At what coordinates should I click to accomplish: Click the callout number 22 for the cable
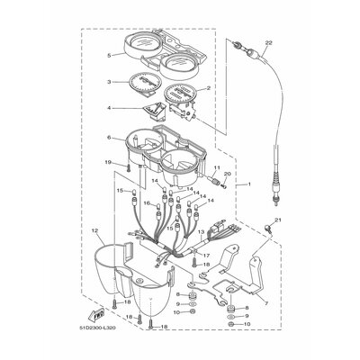tap(269, 42)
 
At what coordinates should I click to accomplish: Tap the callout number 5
tap(109, 55)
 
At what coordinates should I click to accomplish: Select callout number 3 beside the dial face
tap(109, 82)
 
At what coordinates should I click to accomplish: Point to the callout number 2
tap(208, 88)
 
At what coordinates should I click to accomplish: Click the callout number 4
tap(109, 108)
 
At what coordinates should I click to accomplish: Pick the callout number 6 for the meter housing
tap(109, 138)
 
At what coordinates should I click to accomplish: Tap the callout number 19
tap(108, 162)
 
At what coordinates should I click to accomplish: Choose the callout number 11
tap(216, 168)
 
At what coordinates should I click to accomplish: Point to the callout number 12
tap(94, 231)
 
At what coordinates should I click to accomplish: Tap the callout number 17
tap(205, 256)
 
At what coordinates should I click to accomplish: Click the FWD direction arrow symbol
tap(94, 313)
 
